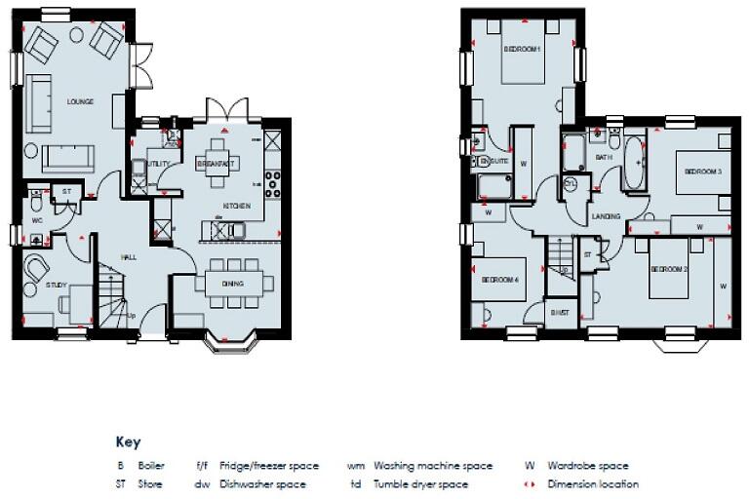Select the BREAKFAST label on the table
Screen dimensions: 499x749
[x=212, y=165]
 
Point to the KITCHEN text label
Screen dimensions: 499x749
[x=237, y=206]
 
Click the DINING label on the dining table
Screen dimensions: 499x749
[x=232, y=284]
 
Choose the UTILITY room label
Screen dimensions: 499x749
[x=159, y=164]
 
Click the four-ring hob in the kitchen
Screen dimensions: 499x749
[x=272, y=184]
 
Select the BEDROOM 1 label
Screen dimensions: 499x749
[x=522, y=49]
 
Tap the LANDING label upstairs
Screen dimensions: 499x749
[x=606, y=217]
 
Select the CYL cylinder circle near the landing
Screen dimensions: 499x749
[x=570, y=182]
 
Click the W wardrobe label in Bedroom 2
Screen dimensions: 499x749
[x=723, y=287]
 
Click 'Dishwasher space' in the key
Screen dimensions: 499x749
[x=263, y=483]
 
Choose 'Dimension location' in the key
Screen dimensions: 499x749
[x=592, y=483]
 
